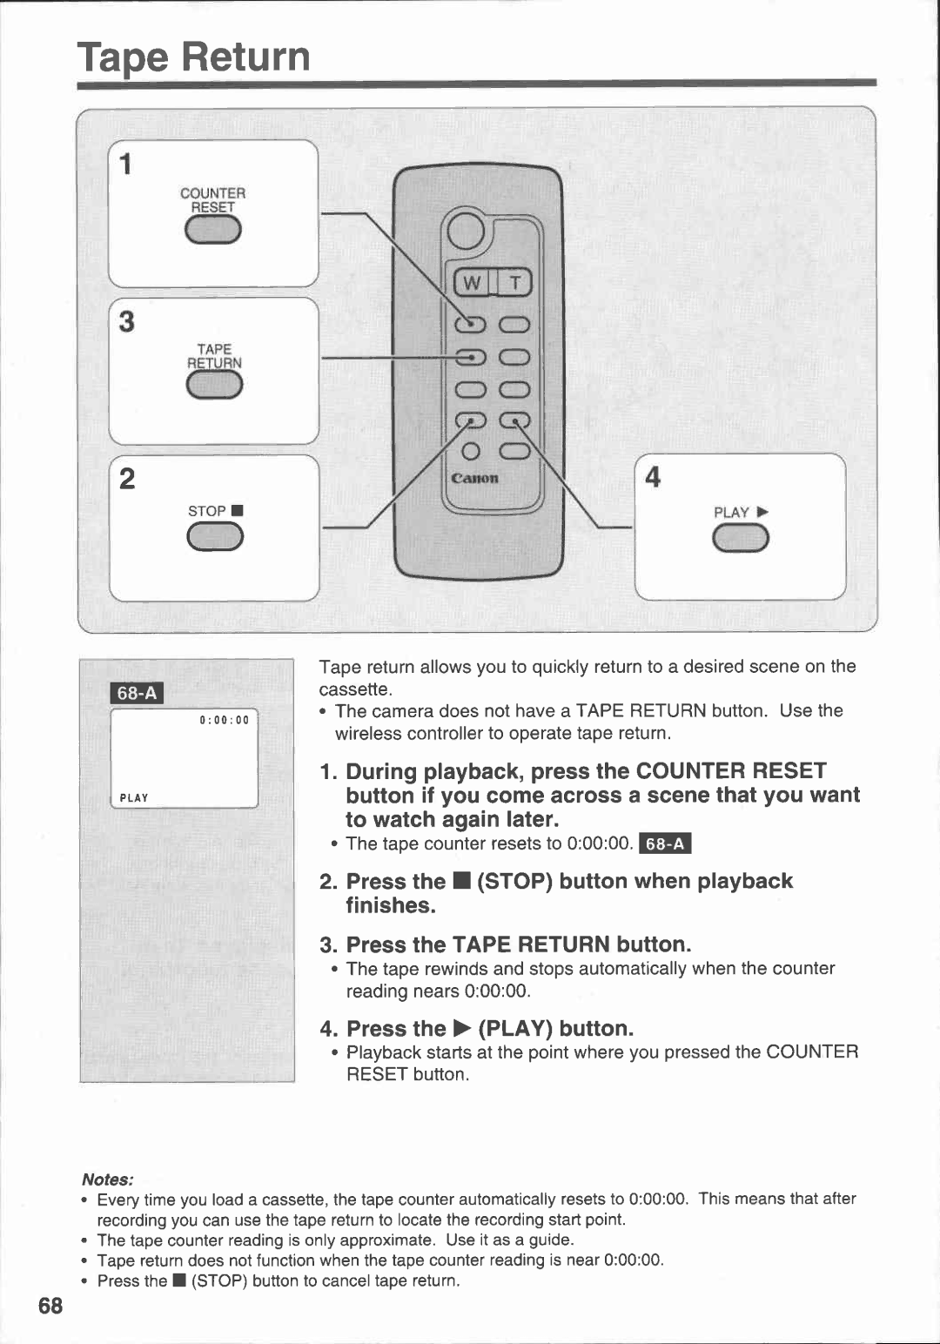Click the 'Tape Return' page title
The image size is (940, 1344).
point(193,57)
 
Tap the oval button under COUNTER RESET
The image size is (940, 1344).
point(213,231)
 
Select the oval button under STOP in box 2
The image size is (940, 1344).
point(215,539)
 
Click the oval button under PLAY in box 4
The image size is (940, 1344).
point(741,541)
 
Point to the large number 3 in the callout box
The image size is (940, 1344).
point(127,322)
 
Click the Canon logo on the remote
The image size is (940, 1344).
point(474,479)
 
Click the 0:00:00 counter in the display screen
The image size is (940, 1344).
point(225,720)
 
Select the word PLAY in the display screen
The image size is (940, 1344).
point(134,797)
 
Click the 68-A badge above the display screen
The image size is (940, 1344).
point(138,693)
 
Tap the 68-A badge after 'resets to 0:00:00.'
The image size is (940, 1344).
point(665,843)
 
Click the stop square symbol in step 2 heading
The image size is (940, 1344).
point(460,882)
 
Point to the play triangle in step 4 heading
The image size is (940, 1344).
point(461,1029)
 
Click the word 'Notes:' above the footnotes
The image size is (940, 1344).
point(107,1179)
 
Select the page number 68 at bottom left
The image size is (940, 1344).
point(50,1306)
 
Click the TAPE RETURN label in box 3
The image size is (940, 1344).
point(214,356)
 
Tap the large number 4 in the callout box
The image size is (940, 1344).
point(653,477)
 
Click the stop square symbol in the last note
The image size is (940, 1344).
point(178,1280)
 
